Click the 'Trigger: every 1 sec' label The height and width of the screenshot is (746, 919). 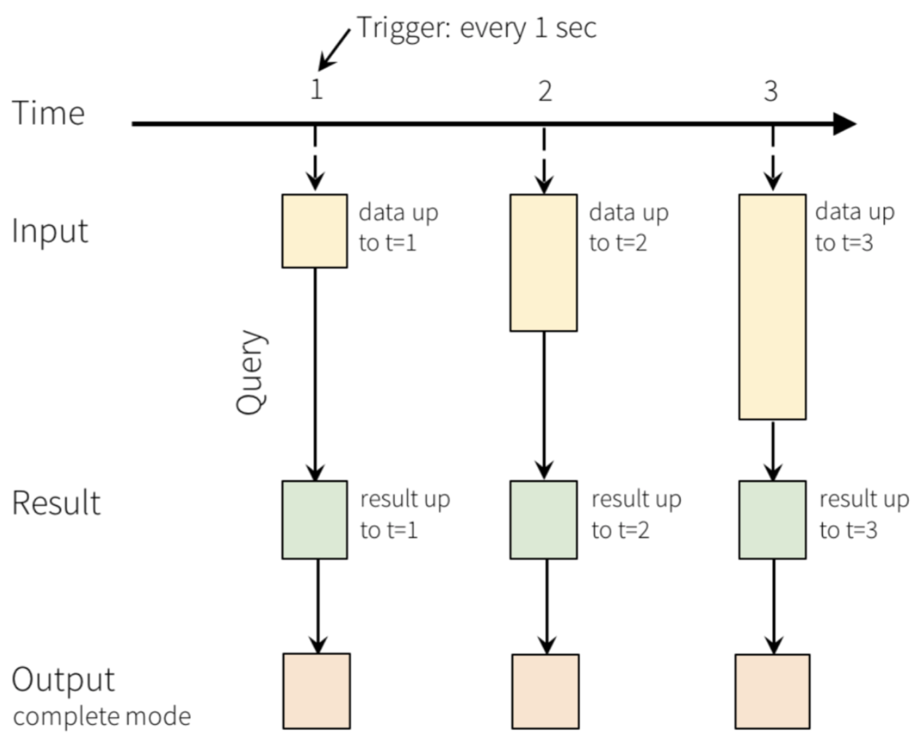[x=477, y=28]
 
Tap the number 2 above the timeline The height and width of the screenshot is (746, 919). [x=545, y=91]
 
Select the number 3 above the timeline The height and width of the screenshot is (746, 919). [x=771, y=91]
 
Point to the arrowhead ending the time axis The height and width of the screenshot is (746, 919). [x=845, y=124]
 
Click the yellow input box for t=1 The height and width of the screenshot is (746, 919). [x=314, y=231]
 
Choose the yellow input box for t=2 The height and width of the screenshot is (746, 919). [x=543, y=263]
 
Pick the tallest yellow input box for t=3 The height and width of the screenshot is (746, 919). [x=773, y=307]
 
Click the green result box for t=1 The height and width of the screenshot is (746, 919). [x=314, y=520]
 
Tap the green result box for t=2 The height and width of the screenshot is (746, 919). [x=543, y=520]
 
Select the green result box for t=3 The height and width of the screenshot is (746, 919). [x=773, y=520]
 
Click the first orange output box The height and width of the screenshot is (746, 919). [x=317, y=691]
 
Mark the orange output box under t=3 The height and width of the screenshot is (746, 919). [x=773, y=692]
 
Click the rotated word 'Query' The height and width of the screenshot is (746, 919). [x=251, y=373]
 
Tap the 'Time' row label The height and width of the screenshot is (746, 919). [x=48, y=113]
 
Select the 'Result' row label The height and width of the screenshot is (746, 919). [x=56, y=502]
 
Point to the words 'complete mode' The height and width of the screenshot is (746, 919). [x=102, y=717]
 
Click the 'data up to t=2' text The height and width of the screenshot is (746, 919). [x=629, y=227]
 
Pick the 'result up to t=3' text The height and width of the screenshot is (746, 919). [x=864, y=514]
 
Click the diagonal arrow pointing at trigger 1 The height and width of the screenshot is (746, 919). [x=334, y=50]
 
